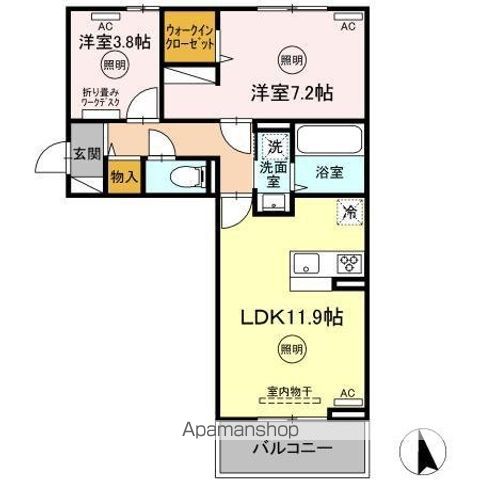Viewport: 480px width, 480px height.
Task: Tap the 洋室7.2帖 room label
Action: pyautogui.click(x=292, y=93)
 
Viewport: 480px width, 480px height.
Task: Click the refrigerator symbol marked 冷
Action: pyautogui.click(x=350, y=211)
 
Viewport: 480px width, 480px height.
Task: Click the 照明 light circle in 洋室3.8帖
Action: pyautogui.click(x=112, y=66)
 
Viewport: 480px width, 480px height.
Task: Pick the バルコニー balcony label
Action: pyautogui.click(x=292, y=447)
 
